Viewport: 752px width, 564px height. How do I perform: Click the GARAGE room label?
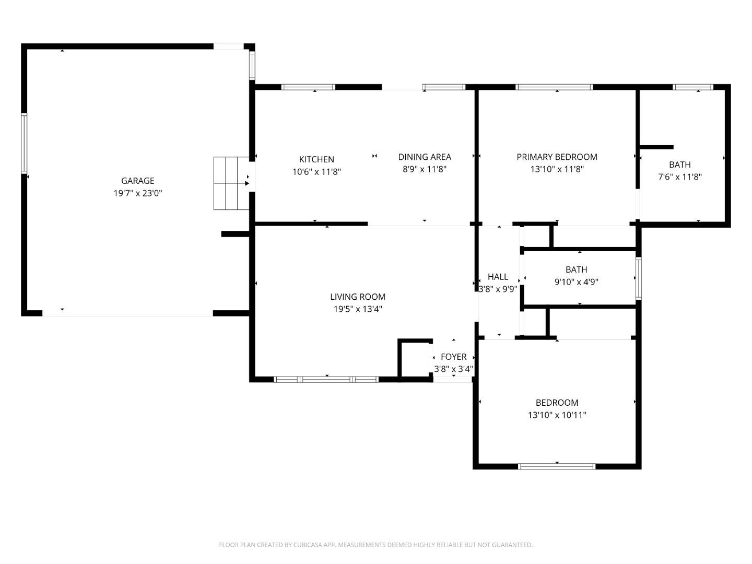(137, 181)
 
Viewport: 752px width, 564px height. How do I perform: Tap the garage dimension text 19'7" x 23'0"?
(138, 193)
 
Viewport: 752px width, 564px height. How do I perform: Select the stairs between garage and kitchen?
(230, 183)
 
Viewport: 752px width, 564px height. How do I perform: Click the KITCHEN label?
(316, 159)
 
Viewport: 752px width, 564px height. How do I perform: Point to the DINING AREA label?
(424, 157)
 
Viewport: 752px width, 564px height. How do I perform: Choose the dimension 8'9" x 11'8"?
(424, 169)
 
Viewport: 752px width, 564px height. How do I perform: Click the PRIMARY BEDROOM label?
(557, 157)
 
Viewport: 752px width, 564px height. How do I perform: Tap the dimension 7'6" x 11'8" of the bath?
(679, 177)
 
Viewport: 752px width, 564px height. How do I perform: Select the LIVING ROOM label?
(358, 297)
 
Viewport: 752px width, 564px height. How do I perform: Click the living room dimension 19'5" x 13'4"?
(358, 309)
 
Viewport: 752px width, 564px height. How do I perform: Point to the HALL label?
(498, 277)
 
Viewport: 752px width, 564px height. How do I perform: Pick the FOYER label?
(453, 357)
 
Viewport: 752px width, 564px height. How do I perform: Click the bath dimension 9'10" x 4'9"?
(576, 282)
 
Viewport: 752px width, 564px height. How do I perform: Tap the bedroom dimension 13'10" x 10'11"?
(557, 415)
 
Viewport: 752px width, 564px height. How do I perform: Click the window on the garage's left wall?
(24, 143)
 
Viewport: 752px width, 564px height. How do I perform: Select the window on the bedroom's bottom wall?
(557, 466)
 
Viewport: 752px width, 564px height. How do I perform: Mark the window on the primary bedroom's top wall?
(554, 87)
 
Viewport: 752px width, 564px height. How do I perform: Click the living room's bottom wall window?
(326, 379)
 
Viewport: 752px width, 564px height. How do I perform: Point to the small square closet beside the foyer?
(415, 359)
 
